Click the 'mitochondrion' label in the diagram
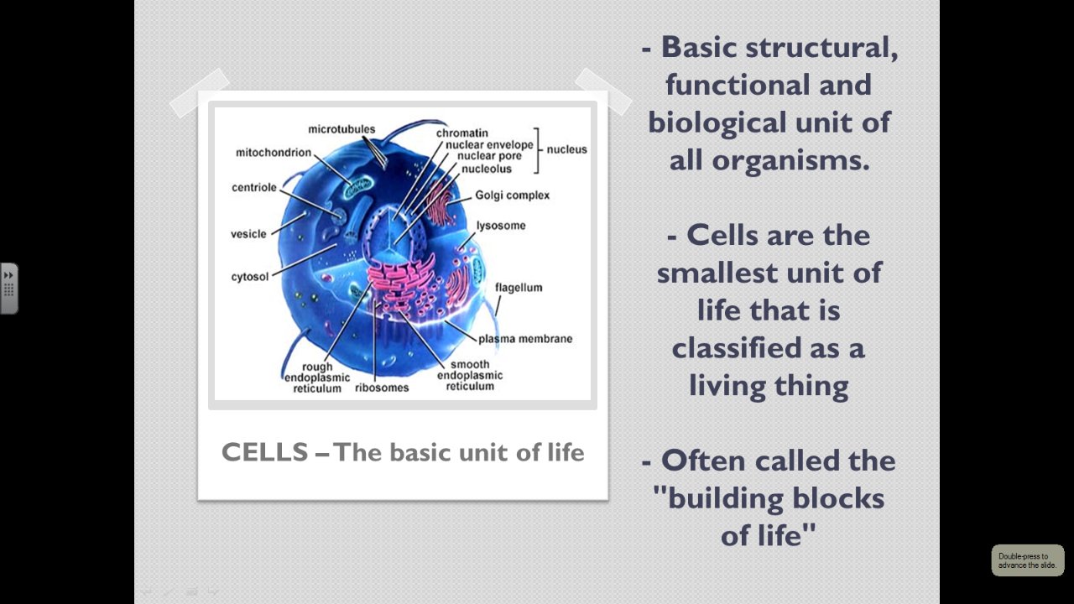click(x=274, y=153)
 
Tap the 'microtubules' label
click(x=341, y=129)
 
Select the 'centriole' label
click(x=254, y=187)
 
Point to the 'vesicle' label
click(x=248, y=234)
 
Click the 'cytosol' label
click(x=250, y=277)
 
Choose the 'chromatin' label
click(x=461, y=133)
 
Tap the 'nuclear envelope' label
click(x=489, y=144)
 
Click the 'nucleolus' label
click(x=486, y=169)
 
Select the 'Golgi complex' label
click(x=512, y=195)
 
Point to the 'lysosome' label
click(x=501, y=226)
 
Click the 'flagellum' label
click(x=519, y=288)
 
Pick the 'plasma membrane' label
click(x=525, y=339)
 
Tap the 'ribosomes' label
click(x=382, y=388)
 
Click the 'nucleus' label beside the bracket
click(x=567, y=149)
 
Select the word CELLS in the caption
click(x=264, y=452)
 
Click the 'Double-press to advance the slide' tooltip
click(x=1027, y=560)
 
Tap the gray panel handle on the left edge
click(x=8, y=289)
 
